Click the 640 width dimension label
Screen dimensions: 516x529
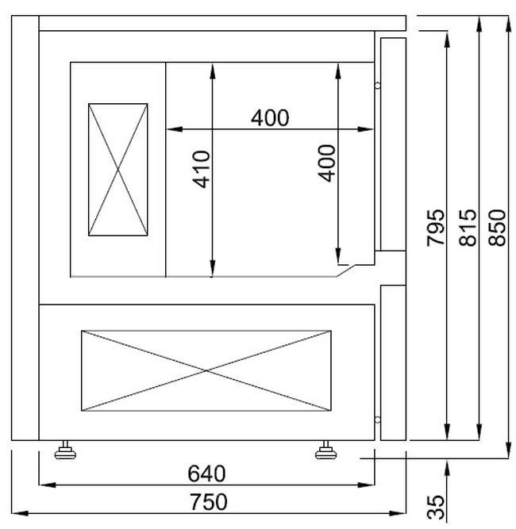pos(206,473)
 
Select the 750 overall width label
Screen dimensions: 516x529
pos(208,502)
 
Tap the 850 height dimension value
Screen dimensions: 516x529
pos(497,228)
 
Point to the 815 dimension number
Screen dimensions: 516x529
pos(468,228)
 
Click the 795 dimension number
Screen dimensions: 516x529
pos(436,228)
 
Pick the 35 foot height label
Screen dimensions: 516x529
pos(436,507)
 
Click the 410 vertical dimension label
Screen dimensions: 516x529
pos(201,170)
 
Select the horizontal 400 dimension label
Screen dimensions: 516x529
pos(270,117)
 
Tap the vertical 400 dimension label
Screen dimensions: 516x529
pos(327,163)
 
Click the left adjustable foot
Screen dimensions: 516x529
pos(65,450)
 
